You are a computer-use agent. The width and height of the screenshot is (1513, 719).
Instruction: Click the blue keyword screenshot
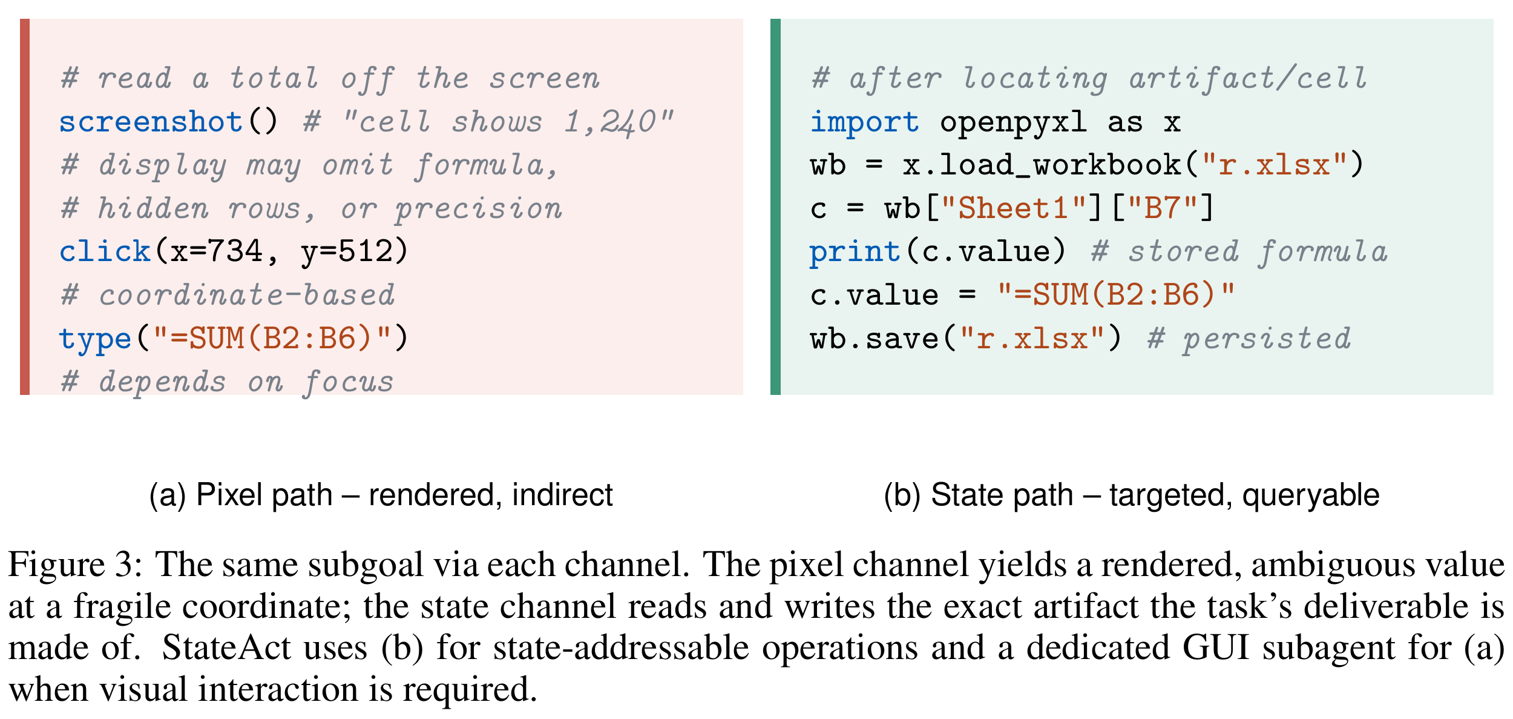pyautogui.click(x=151, y=122)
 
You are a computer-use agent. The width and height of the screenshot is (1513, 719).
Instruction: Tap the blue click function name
pyautogui.click(x=105, y=251)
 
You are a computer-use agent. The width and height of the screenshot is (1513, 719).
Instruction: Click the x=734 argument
pyautogui.click(x=217, y=251)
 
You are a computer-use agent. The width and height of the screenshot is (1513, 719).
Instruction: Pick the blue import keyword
pyautogui.click(x=865, y=122)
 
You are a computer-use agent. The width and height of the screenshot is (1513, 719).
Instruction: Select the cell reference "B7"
pyautogui.click(x=1162, y=208)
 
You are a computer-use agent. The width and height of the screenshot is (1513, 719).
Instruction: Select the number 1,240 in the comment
pyautogui.click(x=610, y=122)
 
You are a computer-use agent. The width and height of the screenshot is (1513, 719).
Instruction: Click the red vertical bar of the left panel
pyautogui.click(x=25, y=207)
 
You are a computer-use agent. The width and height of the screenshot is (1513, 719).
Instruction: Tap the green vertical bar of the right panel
pyautogui.click(x=775, y=207)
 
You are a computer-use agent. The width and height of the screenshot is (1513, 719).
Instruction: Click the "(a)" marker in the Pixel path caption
pyautogui.click(x=168, y=495)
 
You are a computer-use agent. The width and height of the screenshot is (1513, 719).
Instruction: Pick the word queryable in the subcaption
pyautogui.click(x=1311, y=495)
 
